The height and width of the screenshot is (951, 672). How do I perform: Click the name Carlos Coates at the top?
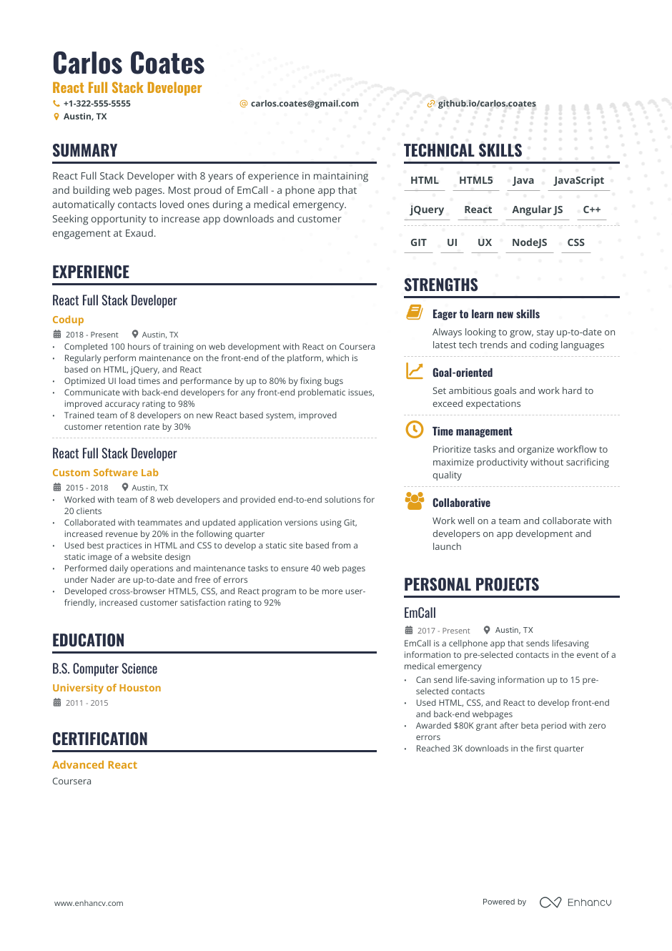coord(129,64)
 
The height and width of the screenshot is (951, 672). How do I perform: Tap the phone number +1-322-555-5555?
coord(97,104)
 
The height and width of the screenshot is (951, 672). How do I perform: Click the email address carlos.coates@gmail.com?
coord(305,104)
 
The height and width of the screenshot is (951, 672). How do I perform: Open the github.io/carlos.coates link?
coord(486,104)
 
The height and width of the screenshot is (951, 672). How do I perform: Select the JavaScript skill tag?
coord(578,180)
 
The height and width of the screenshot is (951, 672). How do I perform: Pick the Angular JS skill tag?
coord(537,210)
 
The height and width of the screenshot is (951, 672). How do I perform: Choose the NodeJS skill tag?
coord(529,242)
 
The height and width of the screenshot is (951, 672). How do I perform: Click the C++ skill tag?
coord(591,210)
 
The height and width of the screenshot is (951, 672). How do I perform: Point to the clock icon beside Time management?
coord(414,429)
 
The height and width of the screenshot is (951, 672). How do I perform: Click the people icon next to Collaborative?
coord(414,501)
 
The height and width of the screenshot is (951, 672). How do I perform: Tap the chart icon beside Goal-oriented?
coord(414,370)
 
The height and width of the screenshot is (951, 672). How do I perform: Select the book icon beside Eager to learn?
coord(414,312)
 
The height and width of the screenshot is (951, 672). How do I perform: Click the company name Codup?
coord(68,320)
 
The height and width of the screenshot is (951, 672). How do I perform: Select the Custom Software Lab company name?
coord(105,473)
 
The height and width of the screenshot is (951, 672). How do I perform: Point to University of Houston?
coord(107,688)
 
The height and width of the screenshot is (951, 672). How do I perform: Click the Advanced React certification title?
coord(94,765)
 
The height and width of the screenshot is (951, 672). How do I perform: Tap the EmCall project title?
coord(420,613)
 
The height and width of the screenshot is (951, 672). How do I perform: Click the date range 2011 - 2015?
coord(87,703)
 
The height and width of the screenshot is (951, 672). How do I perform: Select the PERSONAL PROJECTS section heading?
coord(471,584)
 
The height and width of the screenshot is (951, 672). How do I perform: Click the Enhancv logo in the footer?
coord(575,902)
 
